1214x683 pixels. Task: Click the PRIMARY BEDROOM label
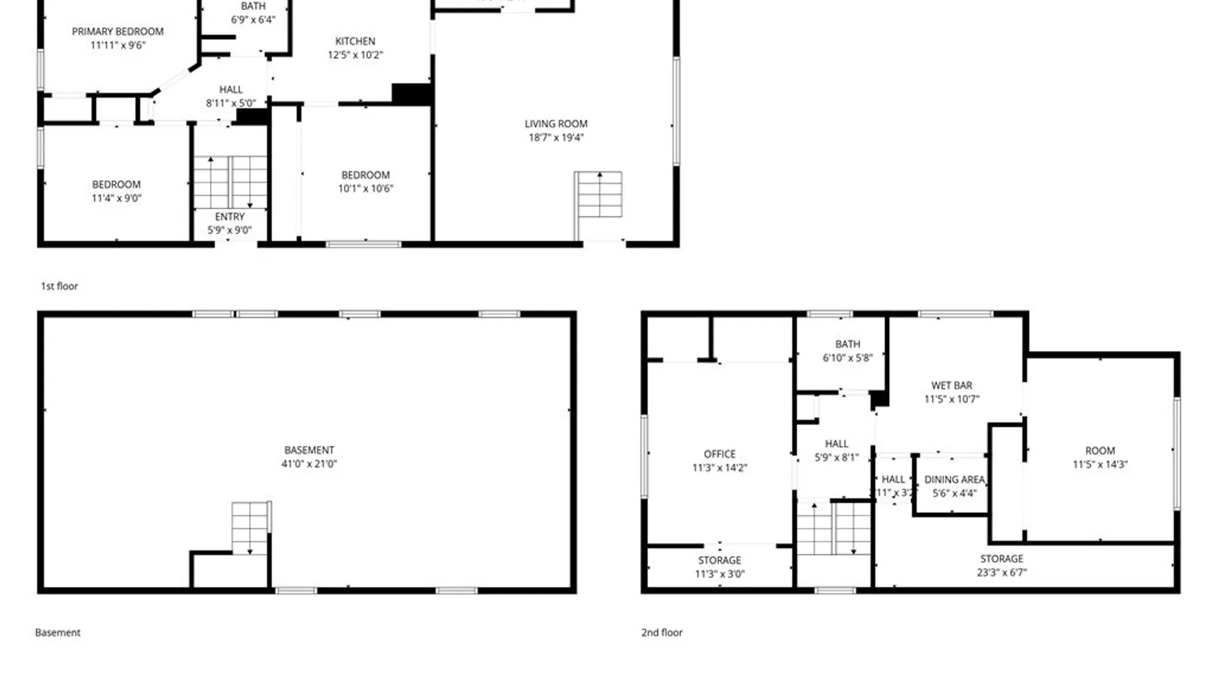(118, 32)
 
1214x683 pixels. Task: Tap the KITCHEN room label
(355, 41)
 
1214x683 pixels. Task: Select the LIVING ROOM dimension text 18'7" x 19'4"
(556, 137)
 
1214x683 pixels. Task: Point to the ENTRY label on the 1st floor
(230, 217)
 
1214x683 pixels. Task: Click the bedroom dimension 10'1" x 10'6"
(365, 188)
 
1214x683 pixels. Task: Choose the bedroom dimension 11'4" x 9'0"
(116, 198)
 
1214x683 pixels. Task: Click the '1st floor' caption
(59, 286)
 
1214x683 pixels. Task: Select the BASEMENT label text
(309, 450)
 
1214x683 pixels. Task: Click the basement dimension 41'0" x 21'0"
(309, 464)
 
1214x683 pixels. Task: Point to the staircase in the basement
(250, 528)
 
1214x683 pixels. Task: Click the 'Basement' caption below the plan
(58, 632)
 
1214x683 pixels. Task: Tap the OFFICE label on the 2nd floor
(720, 454)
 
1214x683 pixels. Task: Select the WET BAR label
(952, 385)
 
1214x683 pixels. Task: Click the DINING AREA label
(955, 479)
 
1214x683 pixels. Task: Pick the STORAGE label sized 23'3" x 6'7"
(1002, 559)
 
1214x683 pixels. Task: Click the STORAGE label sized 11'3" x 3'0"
(720, 560)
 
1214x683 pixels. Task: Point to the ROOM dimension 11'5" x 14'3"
(1100, 464)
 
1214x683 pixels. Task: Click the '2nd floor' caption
(662, 632)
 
